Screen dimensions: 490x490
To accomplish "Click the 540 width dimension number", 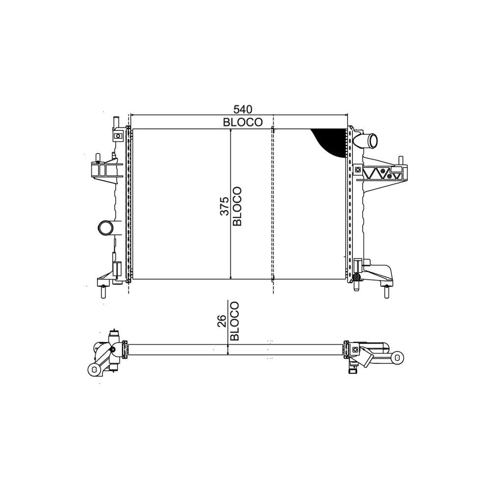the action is click(243, 109).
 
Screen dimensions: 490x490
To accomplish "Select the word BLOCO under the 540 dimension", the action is click(243, 122).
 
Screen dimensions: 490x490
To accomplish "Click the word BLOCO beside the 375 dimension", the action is click(237, 206).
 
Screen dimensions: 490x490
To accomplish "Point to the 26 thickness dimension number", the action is click(222, 321).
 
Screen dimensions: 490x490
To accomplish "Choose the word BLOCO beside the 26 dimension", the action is click(234, 321).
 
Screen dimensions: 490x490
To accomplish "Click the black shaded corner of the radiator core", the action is click(331, 142).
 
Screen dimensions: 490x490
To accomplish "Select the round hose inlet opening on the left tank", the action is click(105, 228).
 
